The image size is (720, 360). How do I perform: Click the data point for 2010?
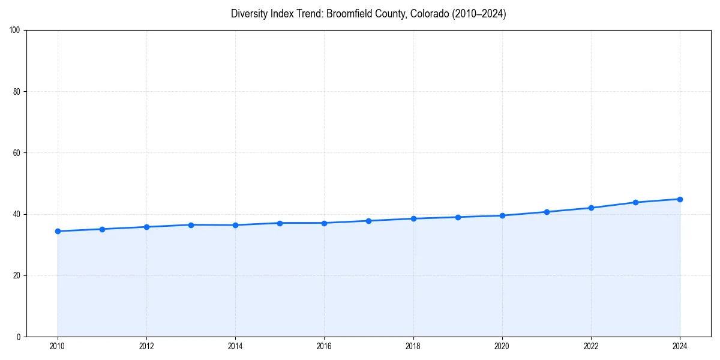pos(58,231)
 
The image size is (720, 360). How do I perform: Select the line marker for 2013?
pos(191,225)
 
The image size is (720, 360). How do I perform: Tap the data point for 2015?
pos(280,223)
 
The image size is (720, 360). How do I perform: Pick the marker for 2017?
pos(368,221)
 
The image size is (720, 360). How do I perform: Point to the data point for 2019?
pos(458,217)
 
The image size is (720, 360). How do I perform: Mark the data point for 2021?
pos(547,212)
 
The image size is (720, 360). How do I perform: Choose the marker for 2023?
pos(635,202)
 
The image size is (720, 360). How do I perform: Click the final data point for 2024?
pos(680,199)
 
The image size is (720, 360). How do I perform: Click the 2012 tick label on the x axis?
pos(146,346)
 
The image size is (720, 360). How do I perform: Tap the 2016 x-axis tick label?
pos(324,346)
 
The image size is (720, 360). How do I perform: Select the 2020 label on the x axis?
pos(502,346)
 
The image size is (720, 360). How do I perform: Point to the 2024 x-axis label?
pos(680,346)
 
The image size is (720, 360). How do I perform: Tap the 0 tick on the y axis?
pos(19,337)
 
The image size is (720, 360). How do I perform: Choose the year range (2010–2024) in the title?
pos(478,14)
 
